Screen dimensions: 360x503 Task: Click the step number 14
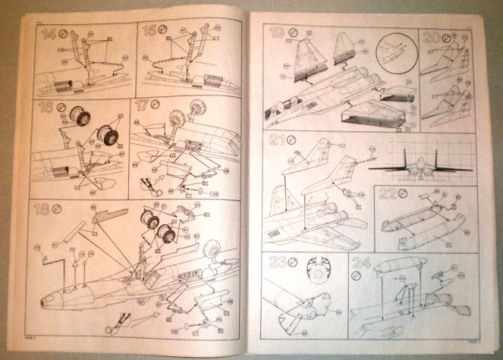click(x=49, y=35)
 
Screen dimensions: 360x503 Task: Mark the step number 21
click(x=274, y=141)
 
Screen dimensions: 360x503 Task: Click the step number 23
click(x=276, y=265)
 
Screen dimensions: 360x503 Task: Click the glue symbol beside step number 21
click(x=290, y=141)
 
